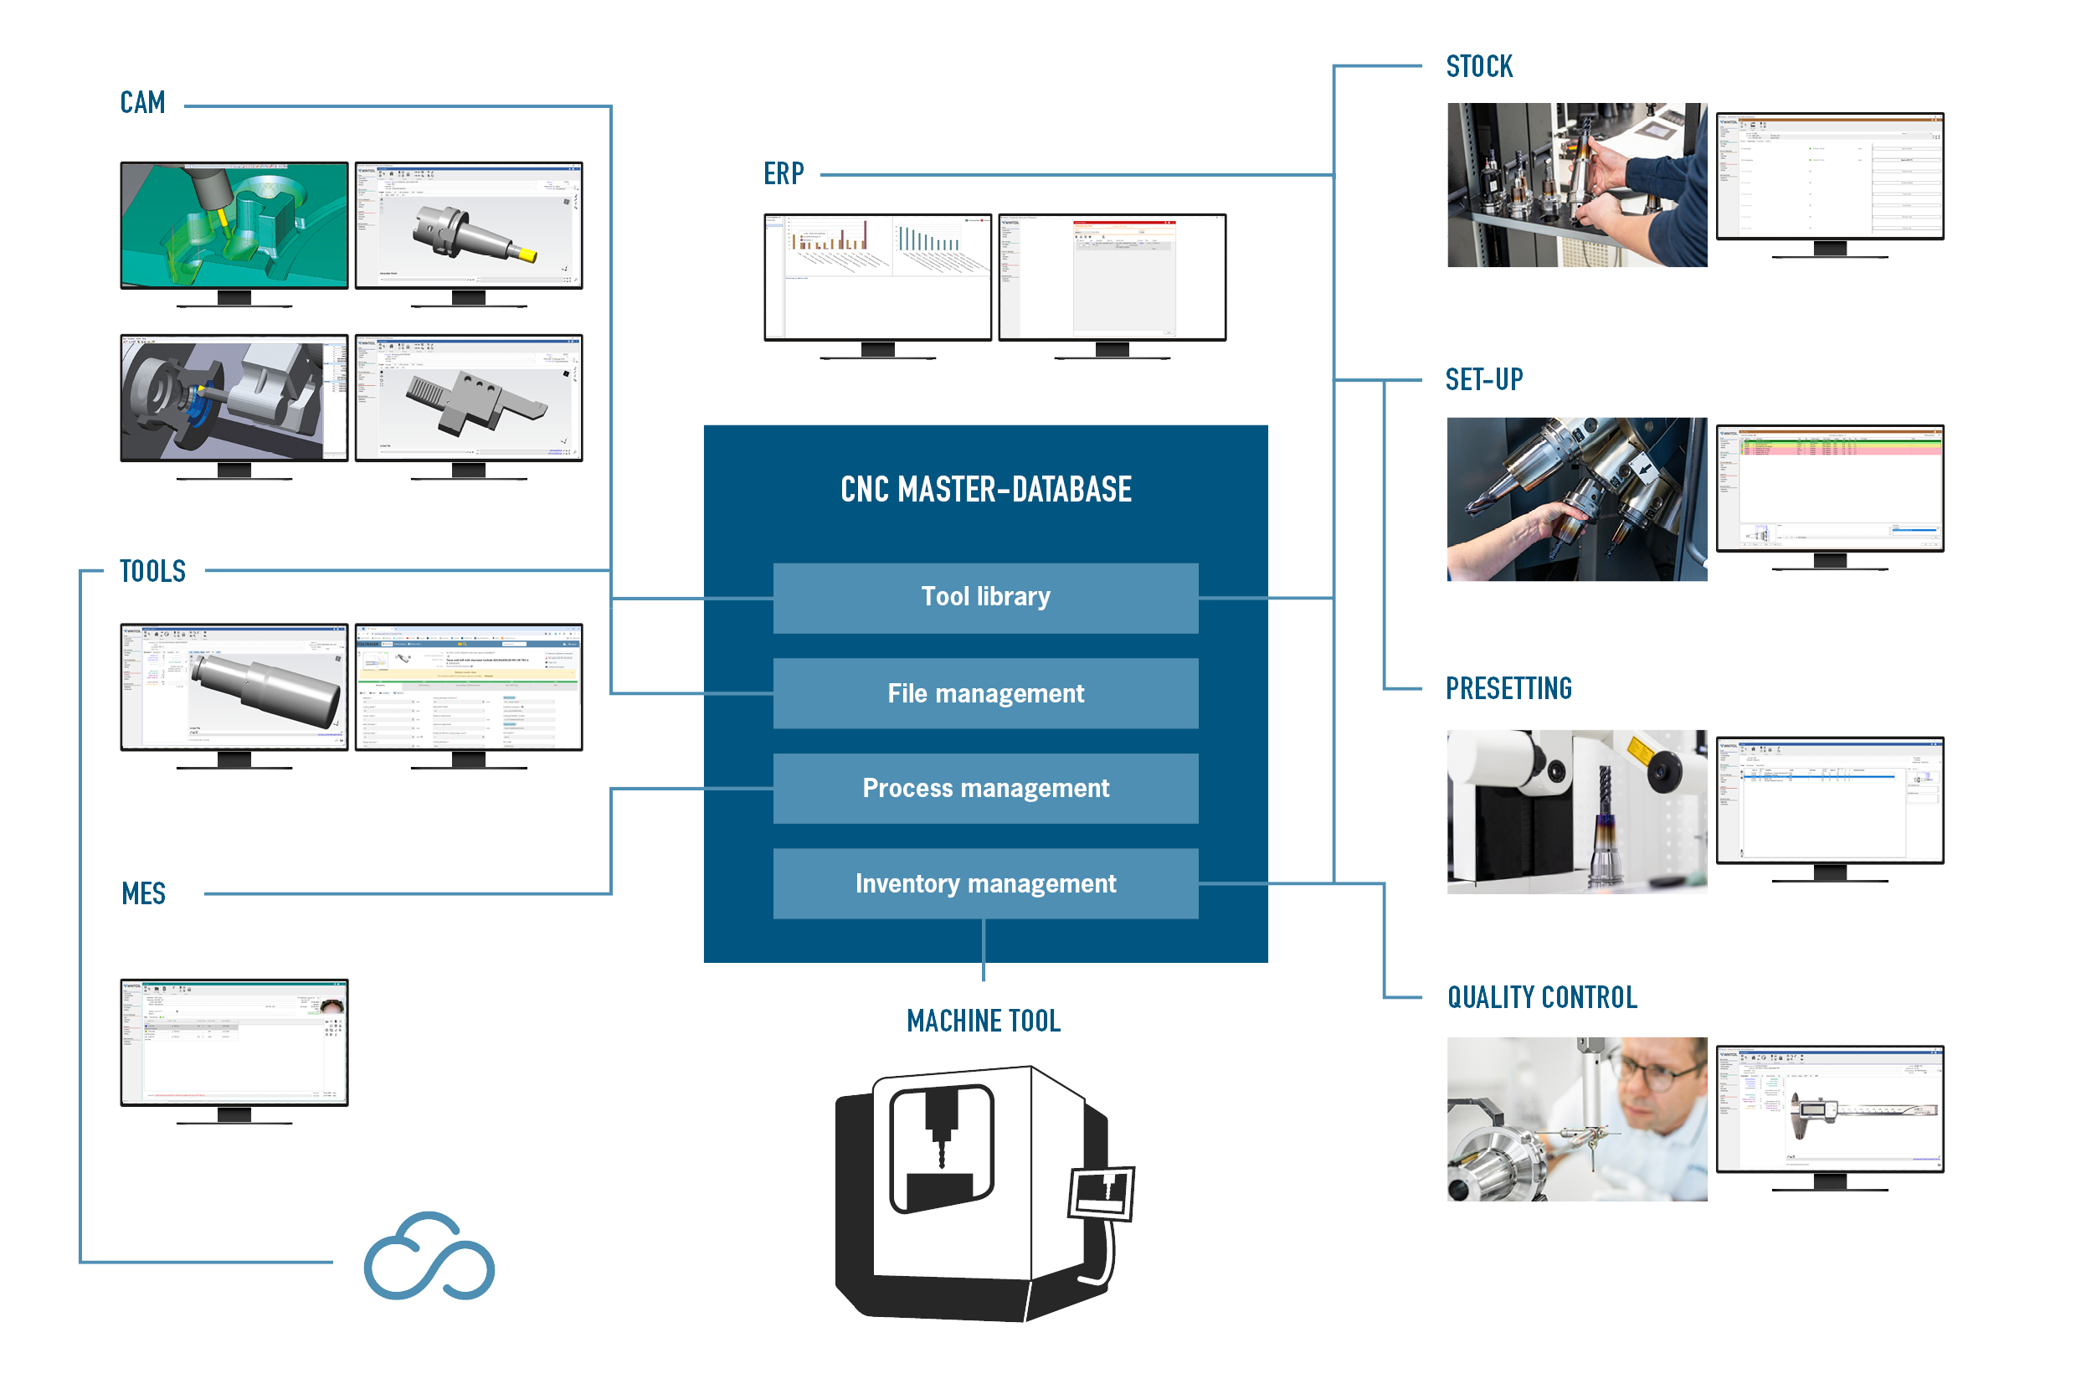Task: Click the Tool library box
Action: (985, 598)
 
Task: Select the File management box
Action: (985, 694)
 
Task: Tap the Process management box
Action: (985, 788)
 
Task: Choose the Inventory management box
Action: (985, 883)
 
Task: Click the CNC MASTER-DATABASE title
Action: (985, 490)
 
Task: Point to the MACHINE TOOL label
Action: (984, 1021)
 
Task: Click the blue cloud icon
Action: (429, 1256)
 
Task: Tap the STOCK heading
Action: (1480, 72)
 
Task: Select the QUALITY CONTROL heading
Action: (1539, 1001)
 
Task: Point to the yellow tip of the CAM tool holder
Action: (527, 255)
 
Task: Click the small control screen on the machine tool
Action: (1101, 1193)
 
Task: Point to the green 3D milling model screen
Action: (234, 224)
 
